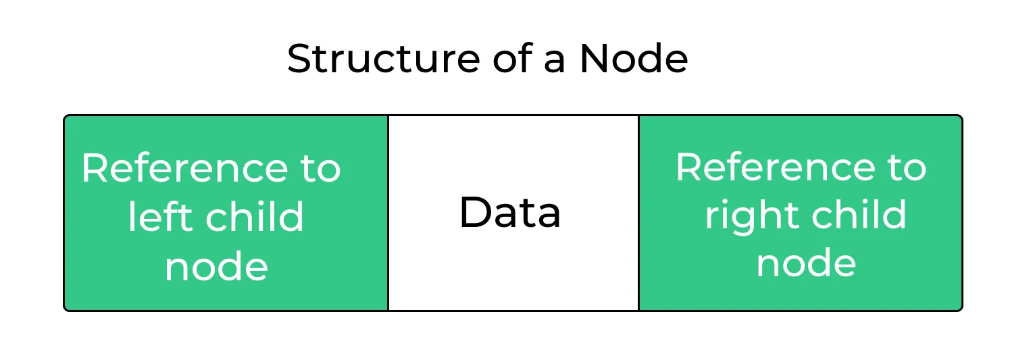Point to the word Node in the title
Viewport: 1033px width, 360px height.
633,59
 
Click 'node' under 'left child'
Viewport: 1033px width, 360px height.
216,267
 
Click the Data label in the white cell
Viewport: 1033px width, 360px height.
510,213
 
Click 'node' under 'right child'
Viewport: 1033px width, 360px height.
805,263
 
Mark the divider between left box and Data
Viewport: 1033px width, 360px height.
388,213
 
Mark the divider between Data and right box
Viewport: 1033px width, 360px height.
638,213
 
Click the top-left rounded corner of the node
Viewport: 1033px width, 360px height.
66,118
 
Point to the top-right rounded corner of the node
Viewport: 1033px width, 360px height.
959,118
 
